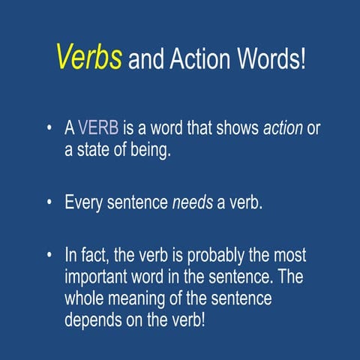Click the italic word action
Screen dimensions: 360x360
point(283,129)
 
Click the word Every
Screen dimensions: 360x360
point(83,202)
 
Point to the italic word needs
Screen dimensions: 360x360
point(192,202)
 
